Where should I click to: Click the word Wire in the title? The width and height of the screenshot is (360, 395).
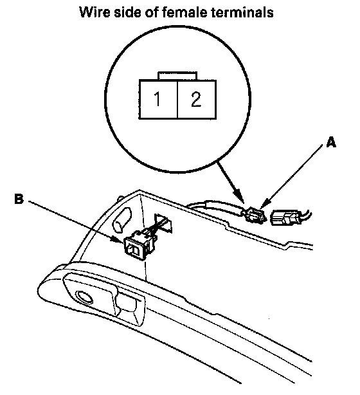point(94,12)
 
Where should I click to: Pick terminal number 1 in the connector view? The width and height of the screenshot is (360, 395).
point(157,99)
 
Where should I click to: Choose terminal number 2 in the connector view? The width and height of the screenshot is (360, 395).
point(196,99)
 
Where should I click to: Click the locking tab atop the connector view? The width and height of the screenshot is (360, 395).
point(177,76)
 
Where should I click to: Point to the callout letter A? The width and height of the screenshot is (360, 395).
point(331,143)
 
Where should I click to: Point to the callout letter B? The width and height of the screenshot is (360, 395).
point(19,199)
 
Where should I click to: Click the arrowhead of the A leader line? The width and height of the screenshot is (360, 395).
point(263,205)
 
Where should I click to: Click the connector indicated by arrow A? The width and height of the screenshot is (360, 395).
point(255,214)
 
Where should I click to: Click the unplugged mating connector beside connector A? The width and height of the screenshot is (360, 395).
point(285,217)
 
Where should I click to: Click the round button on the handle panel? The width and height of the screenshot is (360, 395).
point(84,297)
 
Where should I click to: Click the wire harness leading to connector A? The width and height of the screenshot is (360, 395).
point(216,207)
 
